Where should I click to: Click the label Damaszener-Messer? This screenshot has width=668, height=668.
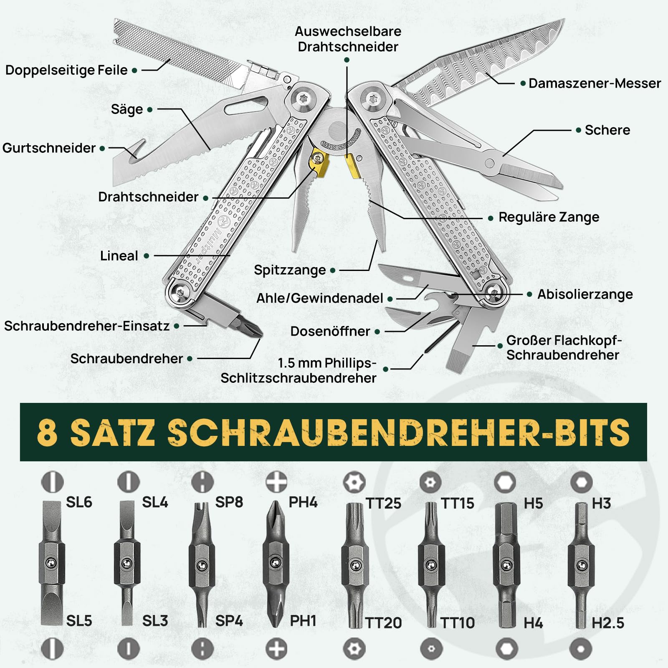(x=594, y=83)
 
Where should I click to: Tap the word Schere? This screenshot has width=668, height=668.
(x=607, y=130)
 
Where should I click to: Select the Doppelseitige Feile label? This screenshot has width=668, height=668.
(x=66, y=70)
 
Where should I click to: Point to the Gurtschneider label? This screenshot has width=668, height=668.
(x=49, y=148)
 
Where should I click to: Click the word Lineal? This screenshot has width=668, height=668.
(x=119, y=256)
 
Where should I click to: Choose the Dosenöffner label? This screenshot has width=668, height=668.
(x=330, y=331)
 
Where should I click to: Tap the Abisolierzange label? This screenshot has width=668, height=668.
(x=584, y=294)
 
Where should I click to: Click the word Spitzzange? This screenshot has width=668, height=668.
(x=290, y=270)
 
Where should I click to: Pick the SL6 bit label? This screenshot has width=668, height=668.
(x=79, y=502)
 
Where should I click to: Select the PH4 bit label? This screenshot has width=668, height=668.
(x=303, y=502)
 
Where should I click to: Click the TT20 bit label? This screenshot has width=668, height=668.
(x=383, y=623)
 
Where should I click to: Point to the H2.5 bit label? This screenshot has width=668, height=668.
(x=608, y=623)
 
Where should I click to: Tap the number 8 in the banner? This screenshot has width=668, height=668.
(x=47, y=432)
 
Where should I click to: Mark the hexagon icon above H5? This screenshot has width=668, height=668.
(x=505, y=483)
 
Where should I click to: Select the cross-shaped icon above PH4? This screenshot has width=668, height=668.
(x=276, y=482)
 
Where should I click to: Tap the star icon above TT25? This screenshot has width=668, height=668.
(x=354, y=483)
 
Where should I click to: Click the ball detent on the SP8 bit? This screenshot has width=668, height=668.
(x=202, y=566)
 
